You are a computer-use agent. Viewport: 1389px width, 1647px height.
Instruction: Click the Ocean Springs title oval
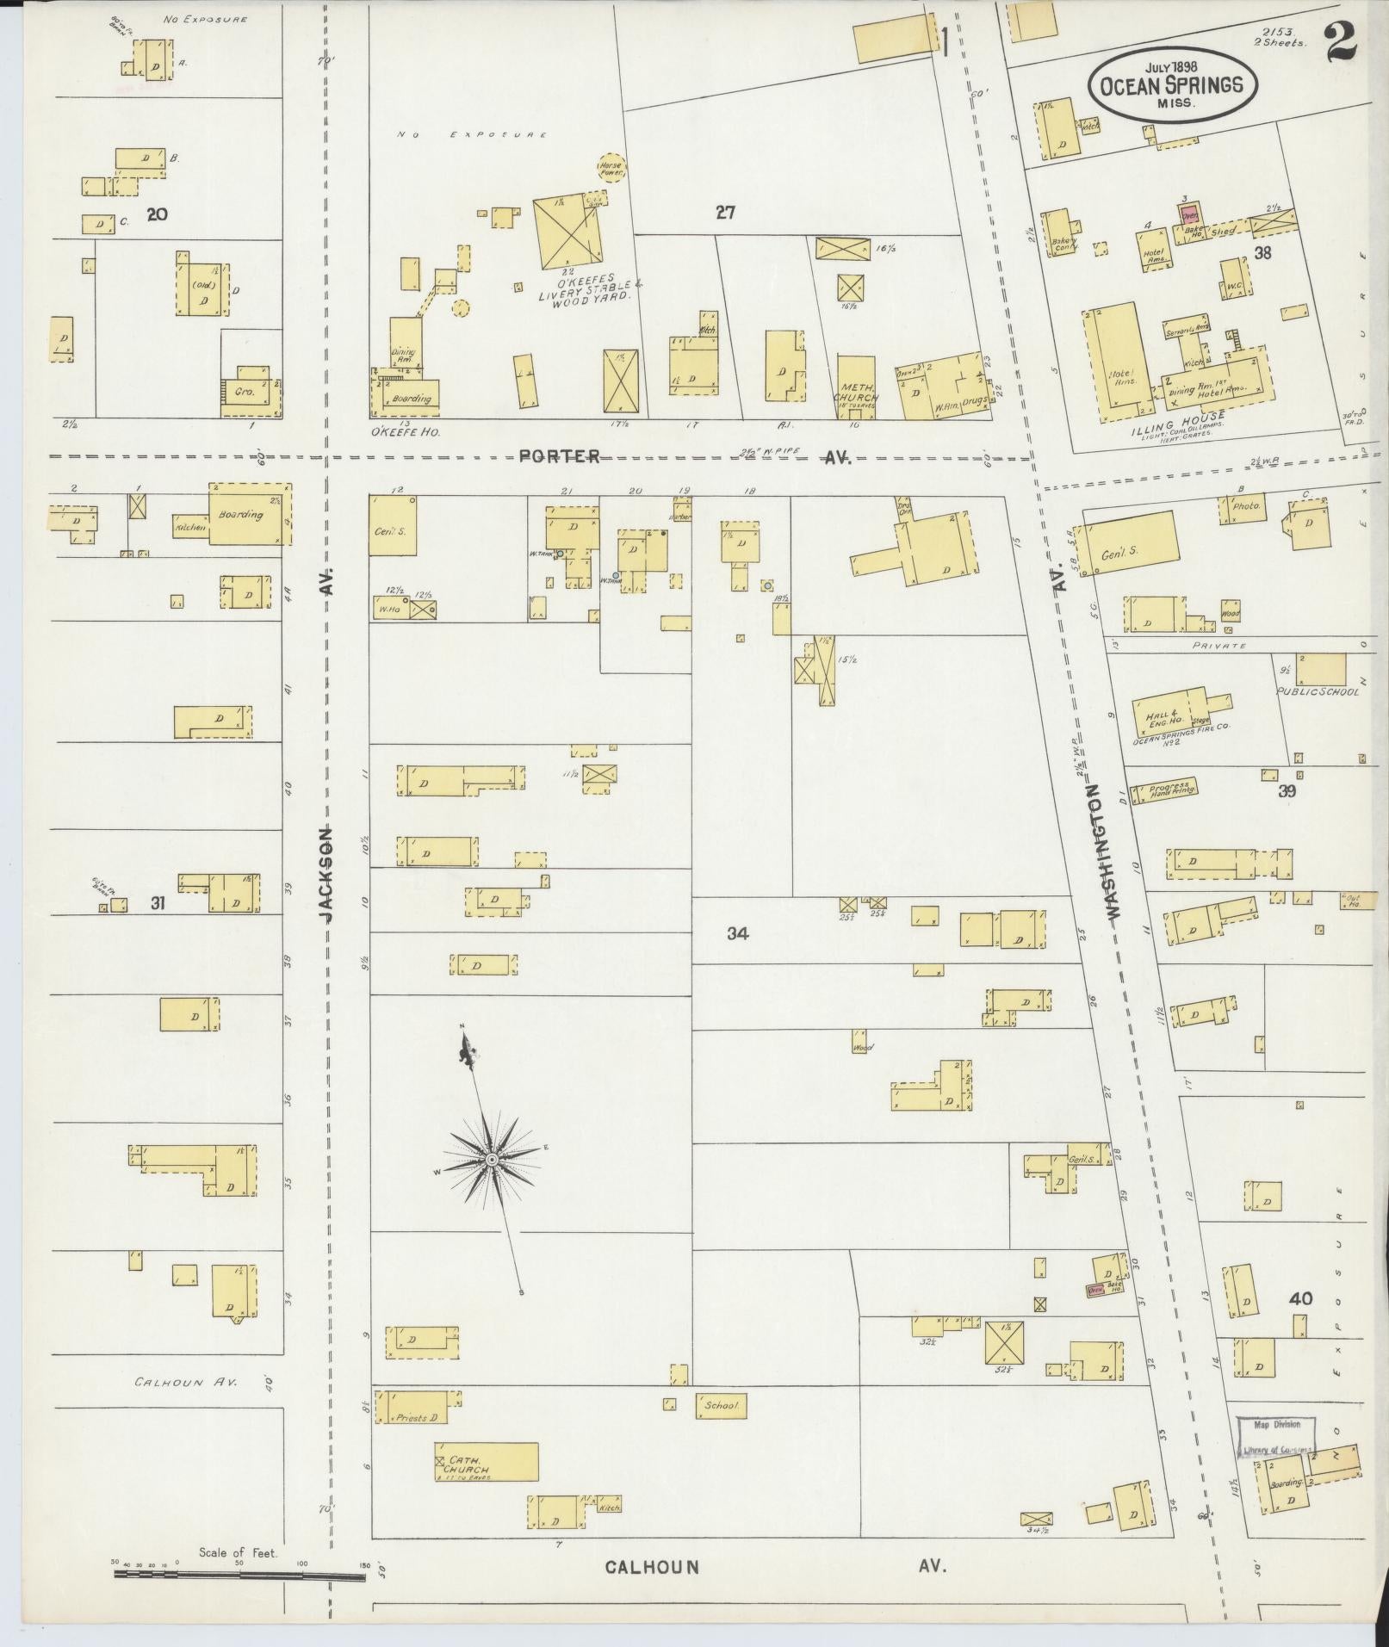(x=1172, y=84)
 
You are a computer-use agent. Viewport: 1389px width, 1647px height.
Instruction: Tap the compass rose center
(x=491, y=1161)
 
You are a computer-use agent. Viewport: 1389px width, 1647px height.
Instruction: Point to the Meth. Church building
(x=857, y=388)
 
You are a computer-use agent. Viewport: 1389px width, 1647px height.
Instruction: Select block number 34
(x=737, y=932)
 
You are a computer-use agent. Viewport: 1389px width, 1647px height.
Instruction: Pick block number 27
(x=725, y=212)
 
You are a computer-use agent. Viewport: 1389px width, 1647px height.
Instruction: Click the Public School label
(x=1318, y=691)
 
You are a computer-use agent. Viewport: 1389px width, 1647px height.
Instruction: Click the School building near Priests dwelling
(x=721, y=1406)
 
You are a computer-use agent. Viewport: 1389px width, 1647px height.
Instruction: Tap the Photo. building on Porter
(x=1245, y=508)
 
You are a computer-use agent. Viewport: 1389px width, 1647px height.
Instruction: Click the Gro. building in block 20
(x=248, y=393)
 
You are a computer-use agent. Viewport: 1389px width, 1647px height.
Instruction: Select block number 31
(x=157, y=903)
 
